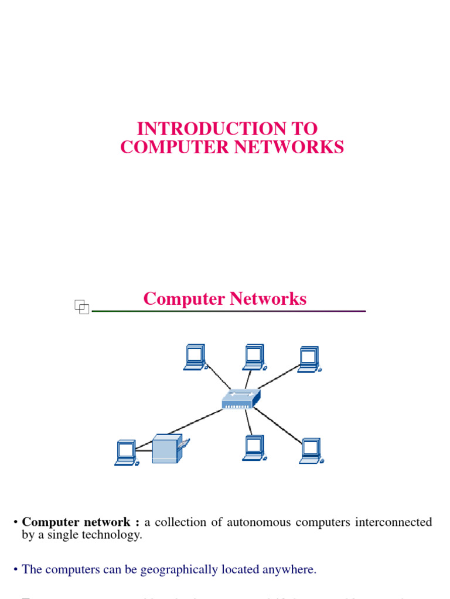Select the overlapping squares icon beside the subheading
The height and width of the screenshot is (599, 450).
pos(81,306)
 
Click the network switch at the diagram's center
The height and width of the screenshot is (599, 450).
pos(240,400)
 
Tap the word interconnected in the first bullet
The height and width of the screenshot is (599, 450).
pos(393,522)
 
